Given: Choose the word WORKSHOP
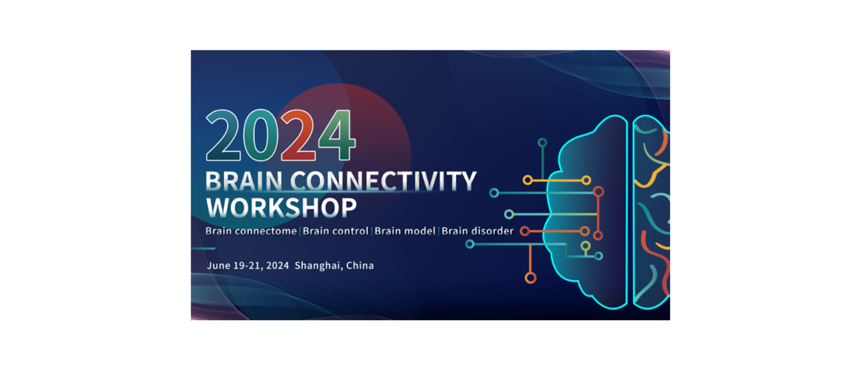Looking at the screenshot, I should (x=281, y=207).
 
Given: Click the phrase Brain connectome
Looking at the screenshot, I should (x=251, y=231).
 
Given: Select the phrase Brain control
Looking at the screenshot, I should (x=335, y=231).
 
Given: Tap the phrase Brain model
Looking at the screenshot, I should (x=405, y=231).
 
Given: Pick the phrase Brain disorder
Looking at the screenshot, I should (x=477, y=231).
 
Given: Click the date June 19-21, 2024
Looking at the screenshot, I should (x=248, y=265).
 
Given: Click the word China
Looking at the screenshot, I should (x=361, y=265).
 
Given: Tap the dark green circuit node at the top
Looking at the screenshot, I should (x=542, y=142).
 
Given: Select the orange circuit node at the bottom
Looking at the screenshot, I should (x=530, y=278).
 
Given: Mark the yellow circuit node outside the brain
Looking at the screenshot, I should (x=527, y=180).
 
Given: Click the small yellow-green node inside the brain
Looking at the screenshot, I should (x=585, y=245).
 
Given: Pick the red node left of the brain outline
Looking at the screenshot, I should (x=525, y=231).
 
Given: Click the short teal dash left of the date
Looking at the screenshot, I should (x=203, y=248).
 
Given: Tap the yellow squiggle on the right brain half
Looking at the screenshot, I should (x=658, y=174).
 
